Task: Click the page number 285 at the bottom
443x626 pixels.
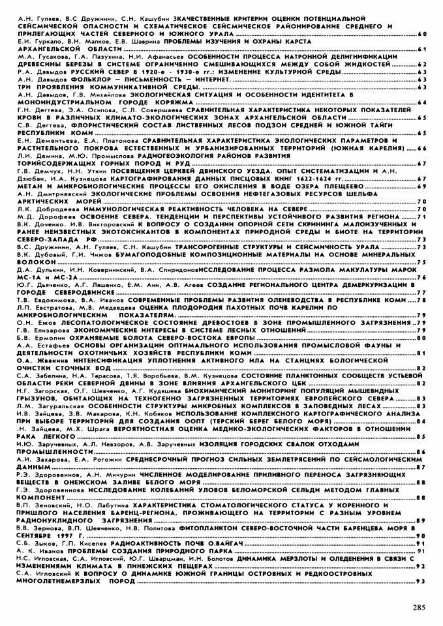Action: (x=419, y=608)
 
